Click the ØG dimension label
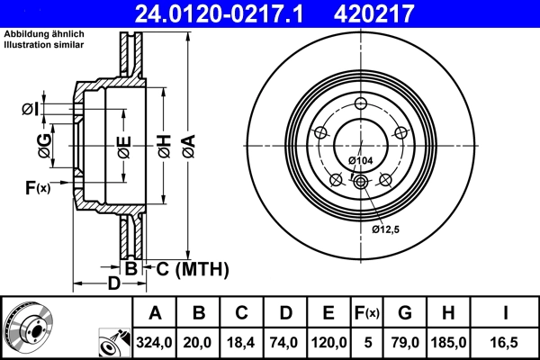click(41, 141)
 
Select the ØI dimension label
click(30, 110)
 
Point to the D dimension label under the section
click(113, 284)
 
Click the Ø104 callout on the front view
click(360, 160)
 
